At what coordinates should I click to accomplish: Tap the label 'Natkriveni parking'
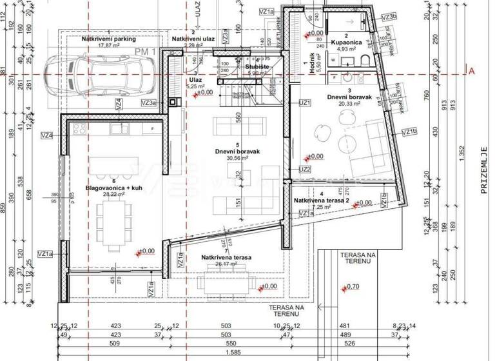[109, 39]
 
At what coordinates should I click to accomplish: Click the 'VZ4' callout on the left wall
[46, 135]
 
